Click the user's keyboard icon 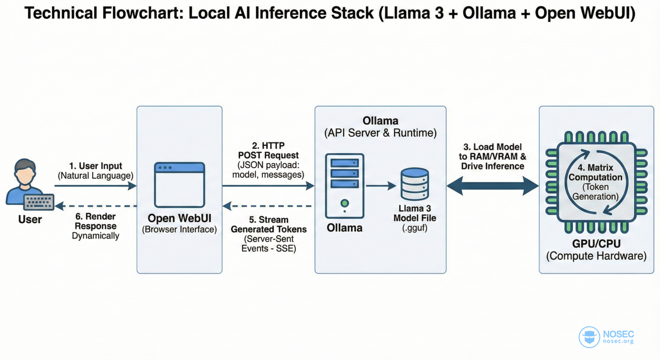[x=39, y=202]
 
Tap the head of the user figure [x=25, y=172]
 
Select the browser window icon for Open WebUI [x=180, y=185]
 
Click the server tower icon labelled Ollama [x=345, y=186]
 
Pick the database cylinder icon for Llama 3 [x=415, y=184]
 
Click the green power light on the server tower [x=345, y=203]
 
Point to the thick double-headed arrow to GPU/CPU [x=492, y=186]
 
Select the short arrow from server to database [x=381, y=186]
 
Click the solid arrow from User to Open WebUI [x=96, y=186]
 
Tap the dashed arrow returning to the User [x=96, y=206]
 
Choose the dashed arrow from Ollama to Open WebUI [x=267, y=206]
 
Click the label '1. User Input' [x=96, y=166]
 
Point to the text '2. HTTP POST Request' [x=268, y=150]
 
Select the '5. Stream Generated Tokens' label [x=269, y=225]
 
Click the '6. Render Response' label [x=96, y=221]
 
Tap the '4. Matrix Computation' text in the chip [x=596, y=173]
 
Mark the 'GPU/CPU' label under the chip [x=597, y=243]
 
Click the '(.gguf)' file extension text [x=415, y=228]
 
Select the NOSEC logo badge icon [x=589, y=337]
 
